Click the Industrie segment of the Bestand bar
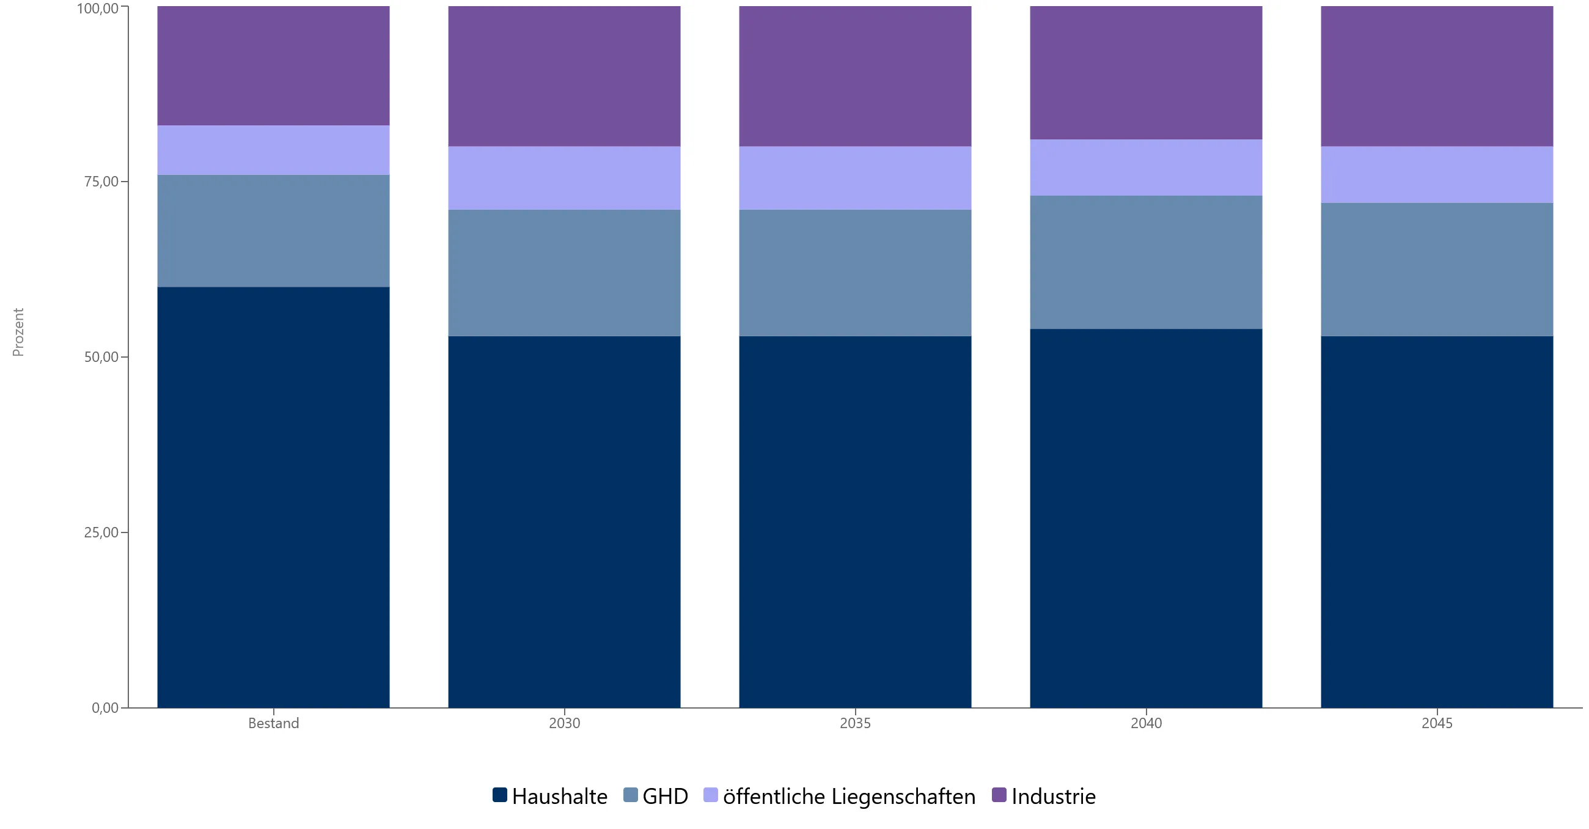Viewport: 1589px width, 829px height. pos(273,66)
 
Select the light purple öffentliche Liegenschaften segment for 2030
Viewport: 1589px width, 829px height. pos(565,179)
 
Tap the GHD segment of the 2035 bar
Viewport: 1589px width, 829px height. pos(856,273)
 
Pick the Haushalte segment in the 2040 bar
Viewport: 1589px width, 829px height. pos(1146,518)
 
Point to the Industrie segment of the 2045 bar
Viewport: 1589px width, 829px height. pos(1437,76)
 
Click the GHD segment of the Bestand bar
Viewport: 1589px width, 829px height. pos(273,231)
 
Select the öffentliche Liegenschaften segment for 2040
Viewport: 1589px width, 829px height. pos(1146,168)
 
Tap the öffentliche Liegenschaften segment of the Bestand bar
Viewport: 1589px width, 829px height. pos(273,150)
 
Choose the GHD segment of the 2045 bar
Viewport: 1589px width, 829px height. pos(1437,270)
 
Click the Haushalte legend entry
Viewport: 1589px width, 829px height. pos(550,796)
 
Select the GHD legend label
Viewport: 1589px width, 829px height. pos(666,796)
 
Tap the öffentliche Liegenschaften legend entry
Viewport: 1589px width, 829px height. pos(840,796)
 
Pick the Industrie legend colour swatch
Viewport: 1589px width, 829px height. pos(999,795)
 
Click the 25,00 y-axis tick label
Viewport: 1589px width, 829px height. pos(101,532)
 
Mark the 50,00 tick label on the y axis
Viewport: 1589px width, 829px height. pos(101,357)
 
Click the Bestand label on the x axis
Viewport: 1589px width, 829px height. pos(273,723)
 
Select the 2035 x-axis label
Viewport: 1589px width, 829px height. pos(856,723)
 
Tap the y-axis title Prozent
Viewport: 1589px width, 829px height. pos(18,332)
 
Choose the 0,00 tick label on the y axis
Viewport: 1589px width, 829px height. pos(105,708)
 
